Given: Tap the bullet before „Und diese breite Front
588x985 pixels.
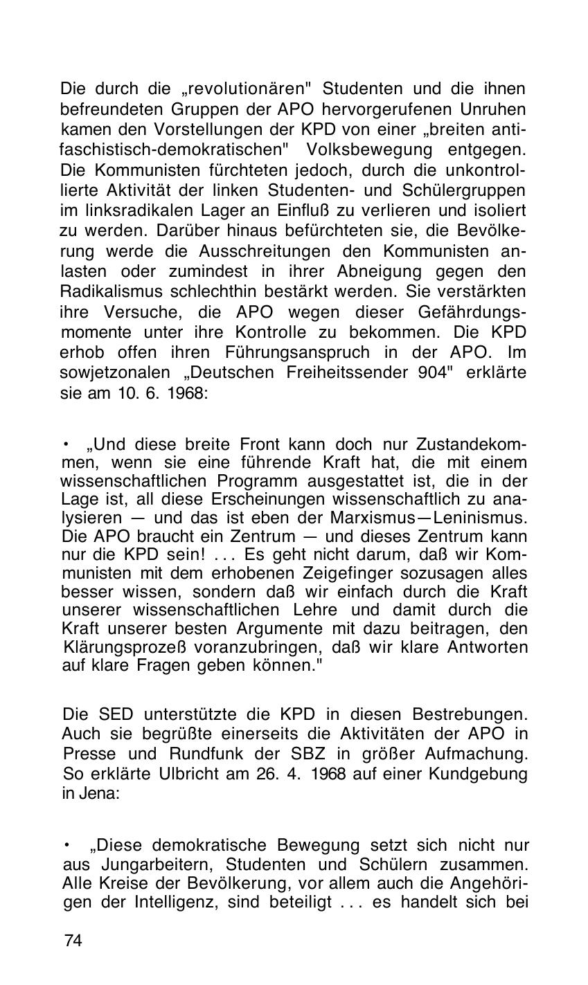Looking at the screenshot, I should (x=66, y=442).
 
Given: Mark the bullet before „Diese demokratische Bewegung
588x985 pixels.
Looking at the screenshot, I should (x=67, y=844).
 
